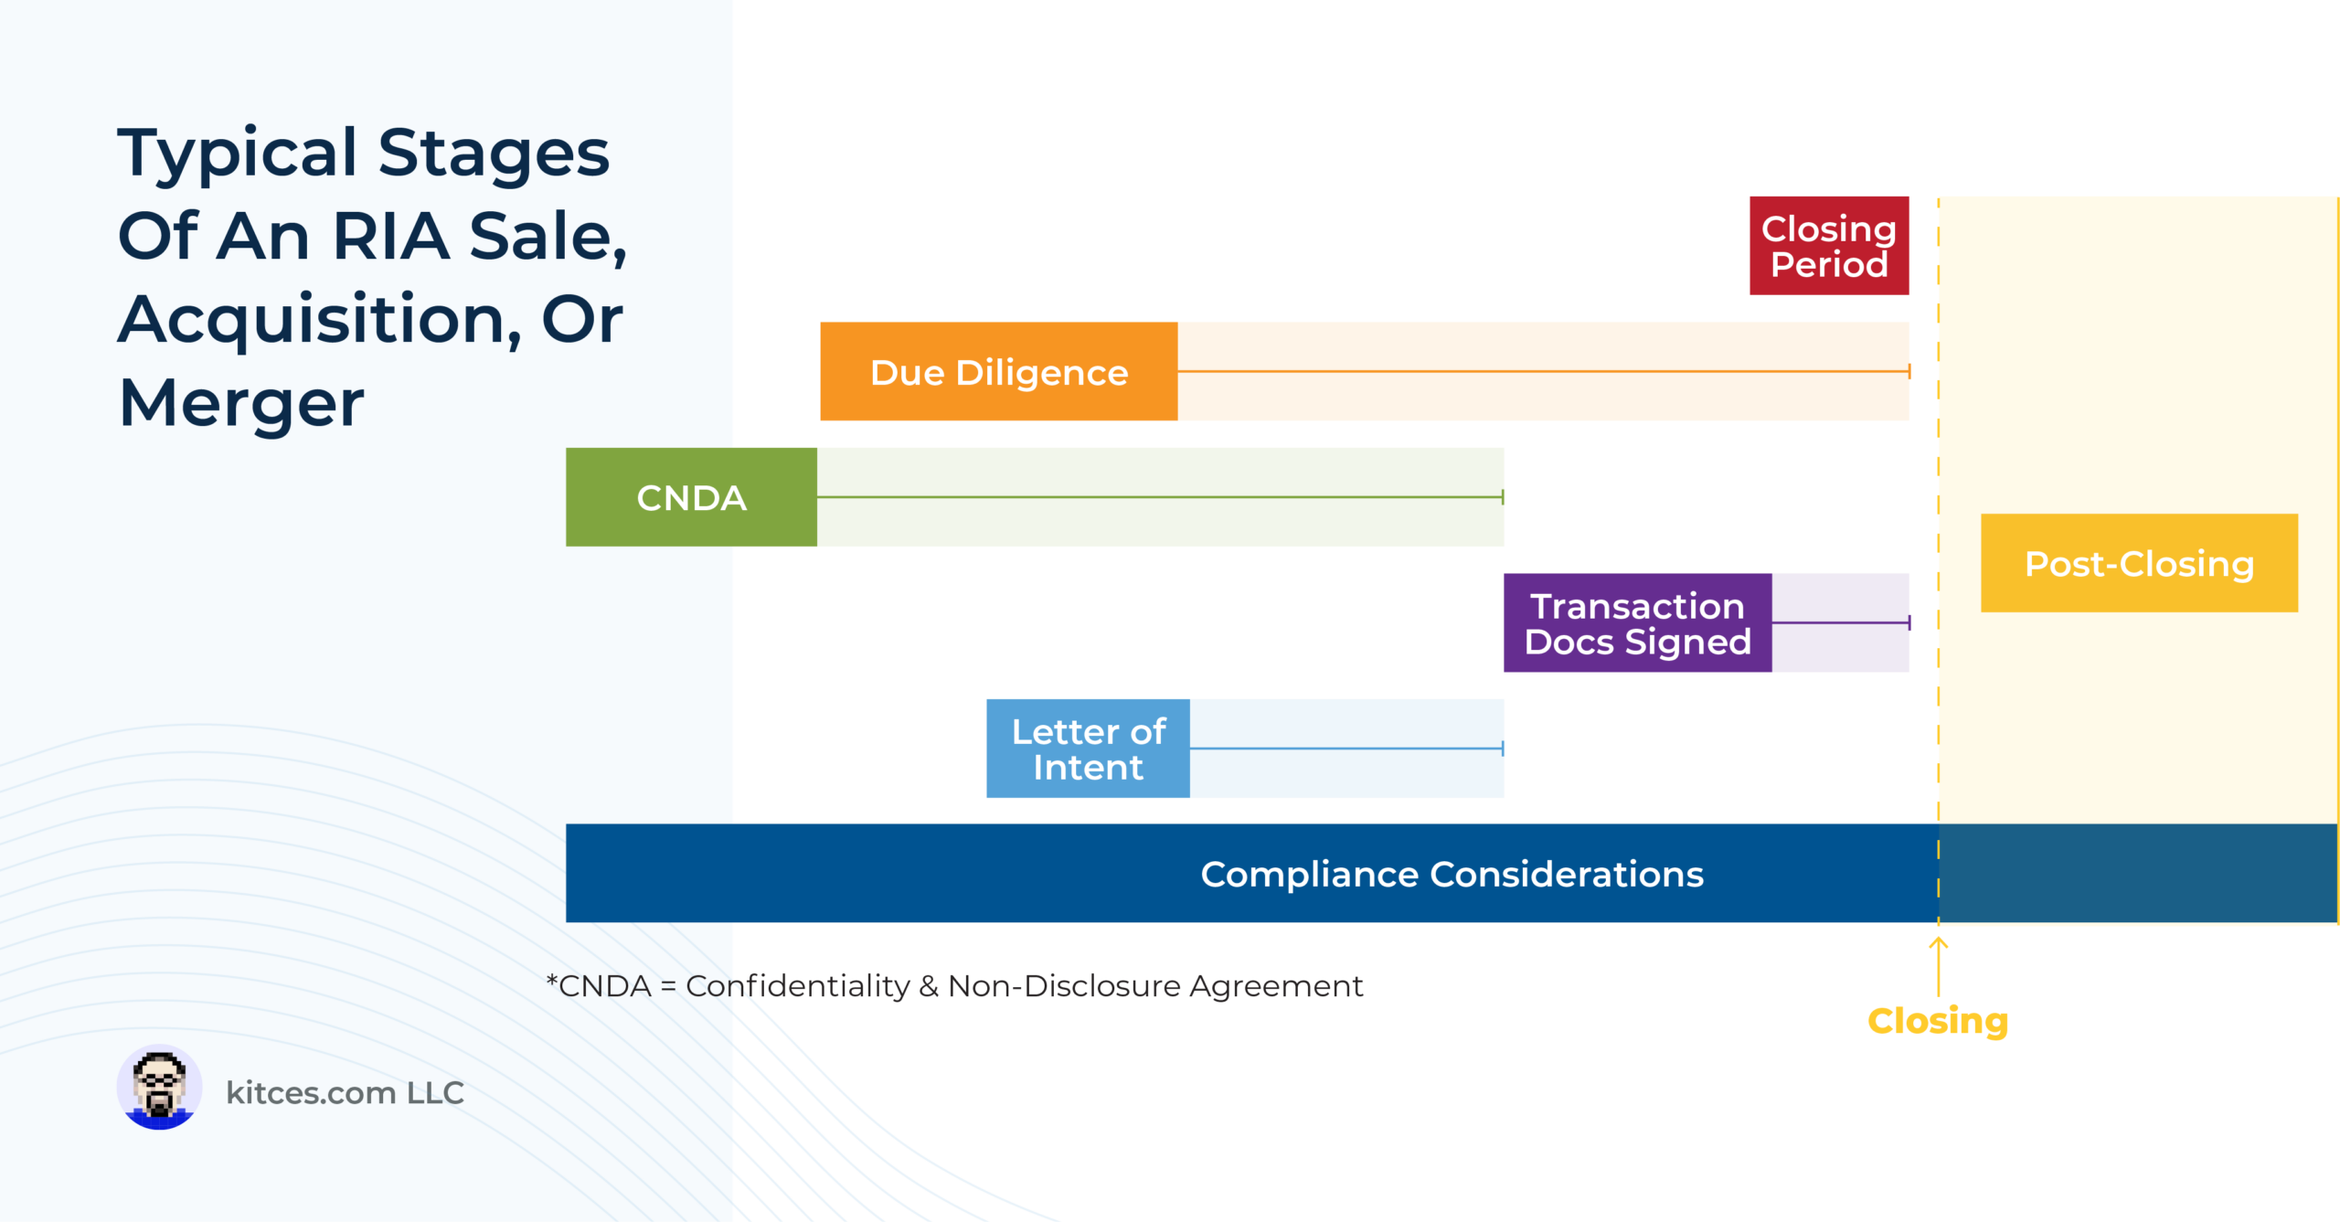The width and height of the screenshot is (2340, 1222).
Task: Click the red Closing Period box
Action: pos(1829,246)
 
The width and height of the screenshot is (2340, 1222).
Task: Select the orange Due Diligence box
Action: pos(999,371)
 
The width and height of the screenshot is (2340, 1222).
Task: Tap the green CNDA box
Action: pos(691,497)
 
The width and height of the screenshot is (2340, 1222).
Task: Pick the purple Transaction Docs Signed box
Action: pos(1638,622)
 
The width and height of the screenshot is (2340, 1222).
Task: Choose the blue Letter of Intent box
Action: pos(1088,749)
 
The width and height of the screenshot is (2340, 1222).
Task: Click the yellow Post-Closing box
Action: pos(2139,563)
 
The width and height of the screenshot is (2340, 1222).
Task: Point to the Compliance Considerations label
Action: pos(1452,875)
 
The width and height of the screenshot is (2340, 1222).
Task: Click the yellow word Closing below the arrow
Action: pos(1938,1021)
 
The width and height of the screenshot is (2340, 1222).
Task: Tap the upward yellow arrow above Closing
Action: pos(1938,967)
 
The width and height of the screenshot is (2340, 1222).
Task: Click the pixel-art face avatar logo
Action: pos(159,1088)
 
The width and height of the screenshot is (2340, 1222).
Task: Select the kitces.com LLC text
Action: pos(345,1092)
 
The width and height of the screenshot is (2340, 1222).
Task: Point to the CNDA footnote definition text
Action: pos(954,986)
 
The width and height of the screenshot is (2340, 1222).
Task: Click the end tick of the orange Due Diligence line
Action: pos(1909,371)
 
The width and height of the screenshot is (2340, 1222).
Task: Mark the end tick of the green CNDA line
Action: pos(1503,497)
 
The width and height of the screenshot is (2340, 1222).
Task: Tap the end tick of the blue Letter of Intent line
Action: pos(1503,749)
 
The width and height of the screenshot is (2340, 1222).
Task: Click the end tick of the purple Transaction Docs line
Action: pos(1909,622)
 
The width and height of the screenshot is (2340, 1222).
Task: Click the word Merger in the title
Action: pos(241,403)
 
